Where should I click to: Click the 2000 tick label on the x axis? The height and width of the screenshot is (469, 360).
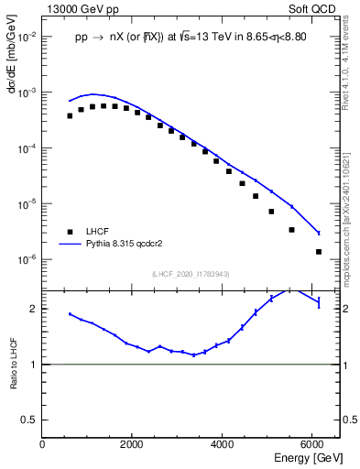click(132, 444)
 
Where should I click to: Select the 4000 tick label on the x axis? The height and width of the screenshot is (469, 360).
click(223, 444)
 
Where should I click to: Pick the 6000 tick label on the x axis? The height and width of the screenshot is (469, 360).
click(312, 444)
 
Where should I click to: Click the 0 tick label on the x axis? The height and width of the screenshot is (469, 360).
click(42, 444)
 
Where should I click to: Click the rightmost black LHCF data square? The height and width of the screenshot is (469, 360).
click(319, 252)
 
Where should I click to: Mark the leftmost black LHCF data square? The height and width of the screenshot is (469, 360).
click(70, 116)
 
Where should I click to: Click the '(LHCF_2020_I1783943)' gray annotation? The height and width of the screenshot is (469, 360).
click(190, 274)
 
